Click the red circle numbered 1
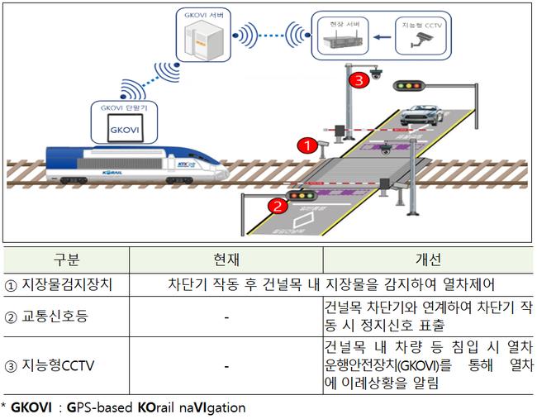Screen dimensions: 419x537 click(x=307, y=145)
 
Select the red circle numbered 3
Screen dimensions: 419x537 click(x=356, y=80)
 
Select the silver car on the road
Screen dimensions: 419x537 click(x=425, y=115)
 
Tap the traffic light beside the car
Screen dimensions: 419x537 click(x=406, y=85)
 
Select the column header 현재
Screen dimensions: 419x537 click(x=225, y=259)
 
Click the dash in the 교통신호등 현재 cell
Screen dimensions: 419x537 click(x=225, y=316)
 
